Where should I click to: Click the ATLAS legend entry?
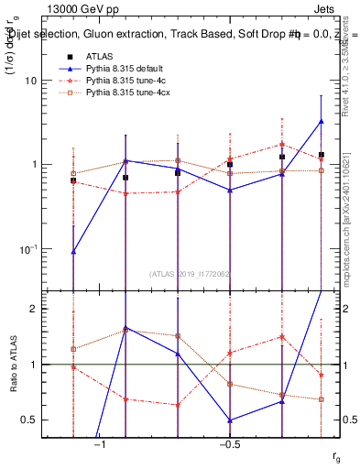[x=98, y=57]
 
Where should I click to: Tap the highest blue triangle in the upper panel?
[x=322, y=121]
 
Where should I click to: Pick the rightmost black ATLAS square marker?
[x=322, y=155]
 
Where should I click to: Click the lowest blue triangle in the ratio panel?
[x=230, y=420]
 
